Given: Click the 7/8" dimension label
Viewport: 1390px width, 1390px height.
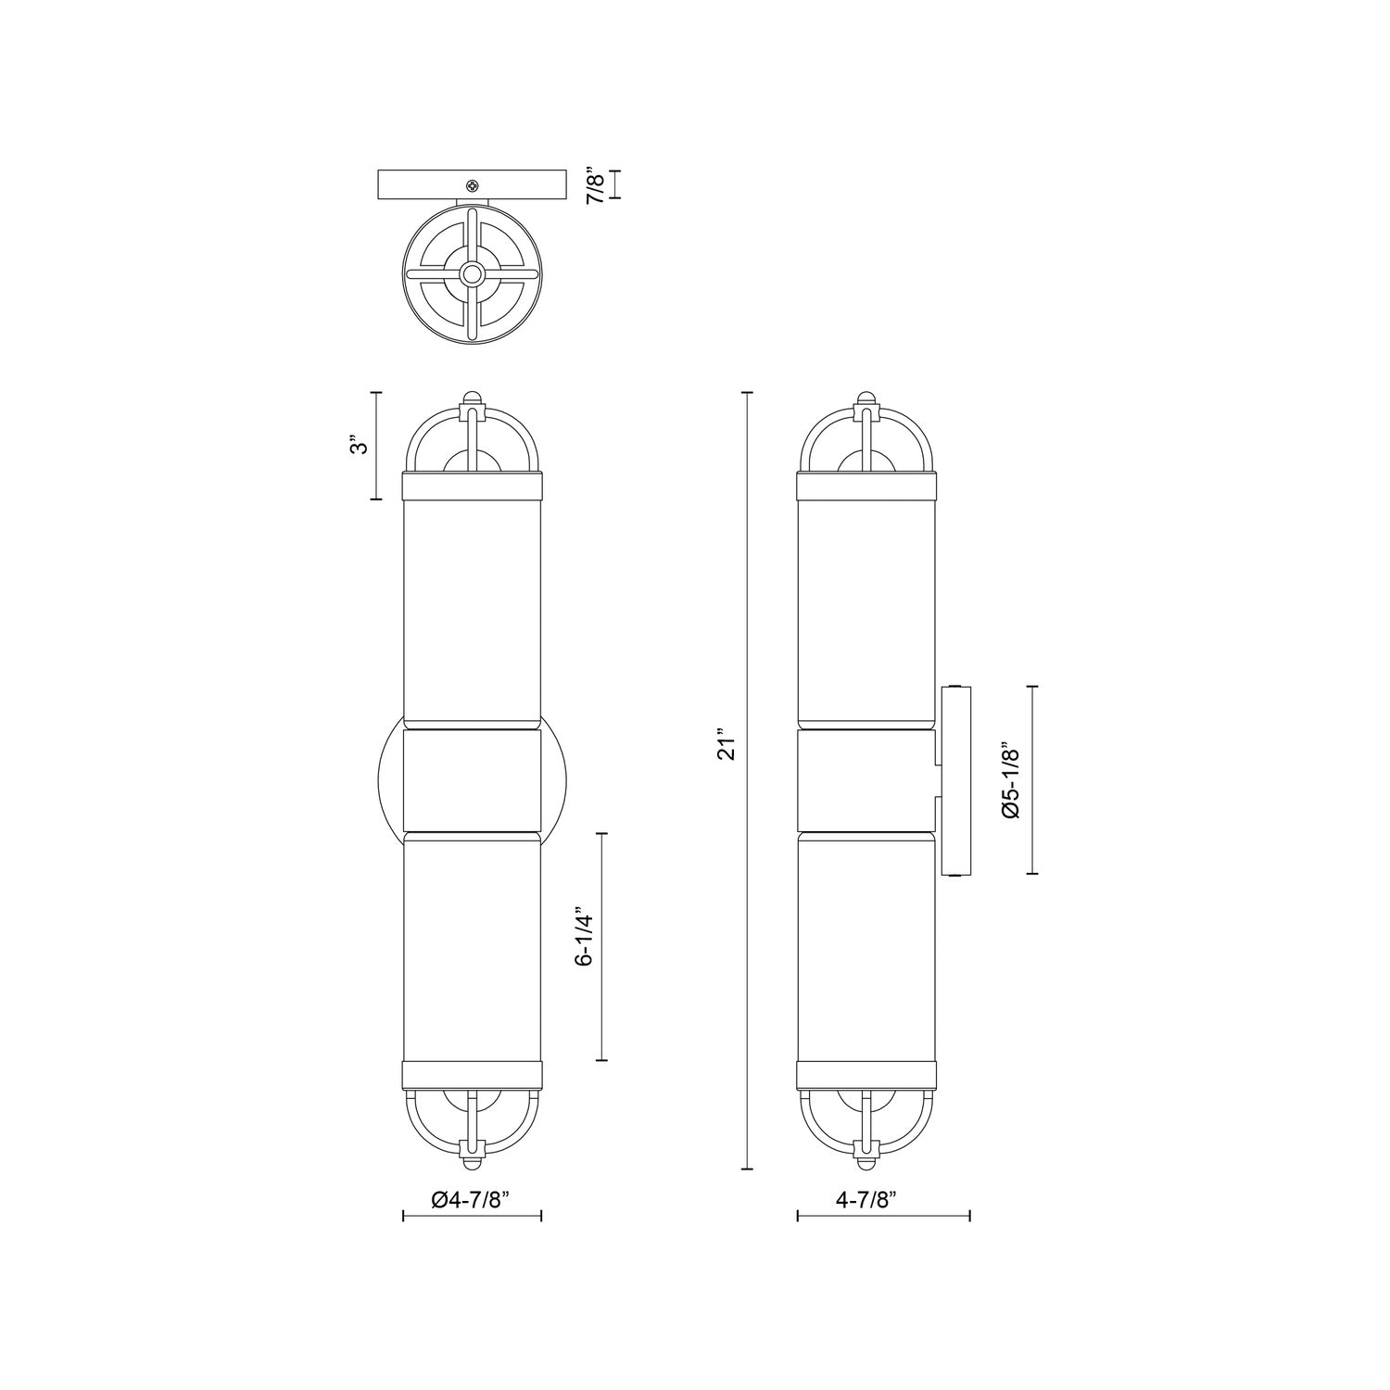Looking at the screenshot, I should coord(596,184).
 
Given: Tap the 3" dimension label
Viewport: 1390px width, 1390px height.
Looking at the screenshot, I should coord(360,446).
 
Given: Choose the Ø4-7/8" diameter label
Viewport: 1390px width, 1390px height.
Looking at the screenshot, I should coord(472,1200).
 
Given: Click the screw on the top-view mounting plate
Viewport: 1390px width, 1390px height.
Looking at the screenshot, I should coord(473,185).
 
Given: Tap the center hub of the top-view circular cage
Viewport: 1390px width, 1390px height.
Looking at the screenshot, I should coord(473,274).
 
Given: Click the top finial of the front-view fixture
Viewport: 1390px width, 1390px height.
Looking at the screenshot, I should coord(473,398).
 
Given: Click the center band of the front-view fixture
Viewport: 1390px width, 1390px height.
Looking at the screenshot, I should coord(473,779).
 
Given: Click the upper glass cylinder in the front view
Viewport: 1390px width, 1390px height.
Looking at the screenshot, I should coord(473,607).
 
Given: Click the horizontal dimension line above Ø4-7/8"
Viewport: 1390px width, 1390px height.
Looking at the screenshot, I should coord(472,1217).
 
